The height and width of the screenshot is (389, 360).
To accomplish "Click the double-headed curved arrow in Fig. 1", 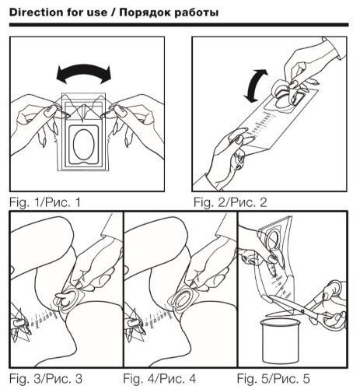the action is [83, 68].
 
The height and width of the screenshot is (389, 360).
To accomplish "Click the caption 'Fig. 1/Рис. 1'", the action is [45, 202].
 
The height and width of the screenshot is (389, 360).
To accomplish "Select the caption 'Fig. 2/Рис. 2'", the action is [230, 202].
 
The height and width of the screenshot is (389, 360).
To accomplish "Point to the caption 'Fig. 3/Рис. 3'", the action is [46, 379].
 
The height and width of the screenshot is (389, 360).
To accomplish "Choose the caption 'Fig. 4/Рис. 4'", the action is [159, 379].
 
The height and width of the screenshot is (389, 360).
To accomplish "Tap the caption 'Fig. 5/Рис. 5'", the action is [274, 379].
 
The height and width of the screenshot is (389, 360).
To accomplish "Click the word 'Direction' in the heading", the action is [33, 12].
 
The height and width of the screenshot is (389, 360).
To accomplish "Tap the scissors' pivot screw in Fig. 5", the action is [302, 311].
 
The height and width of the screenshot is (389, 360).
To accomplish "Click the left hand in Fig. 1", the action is [37, 119].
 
